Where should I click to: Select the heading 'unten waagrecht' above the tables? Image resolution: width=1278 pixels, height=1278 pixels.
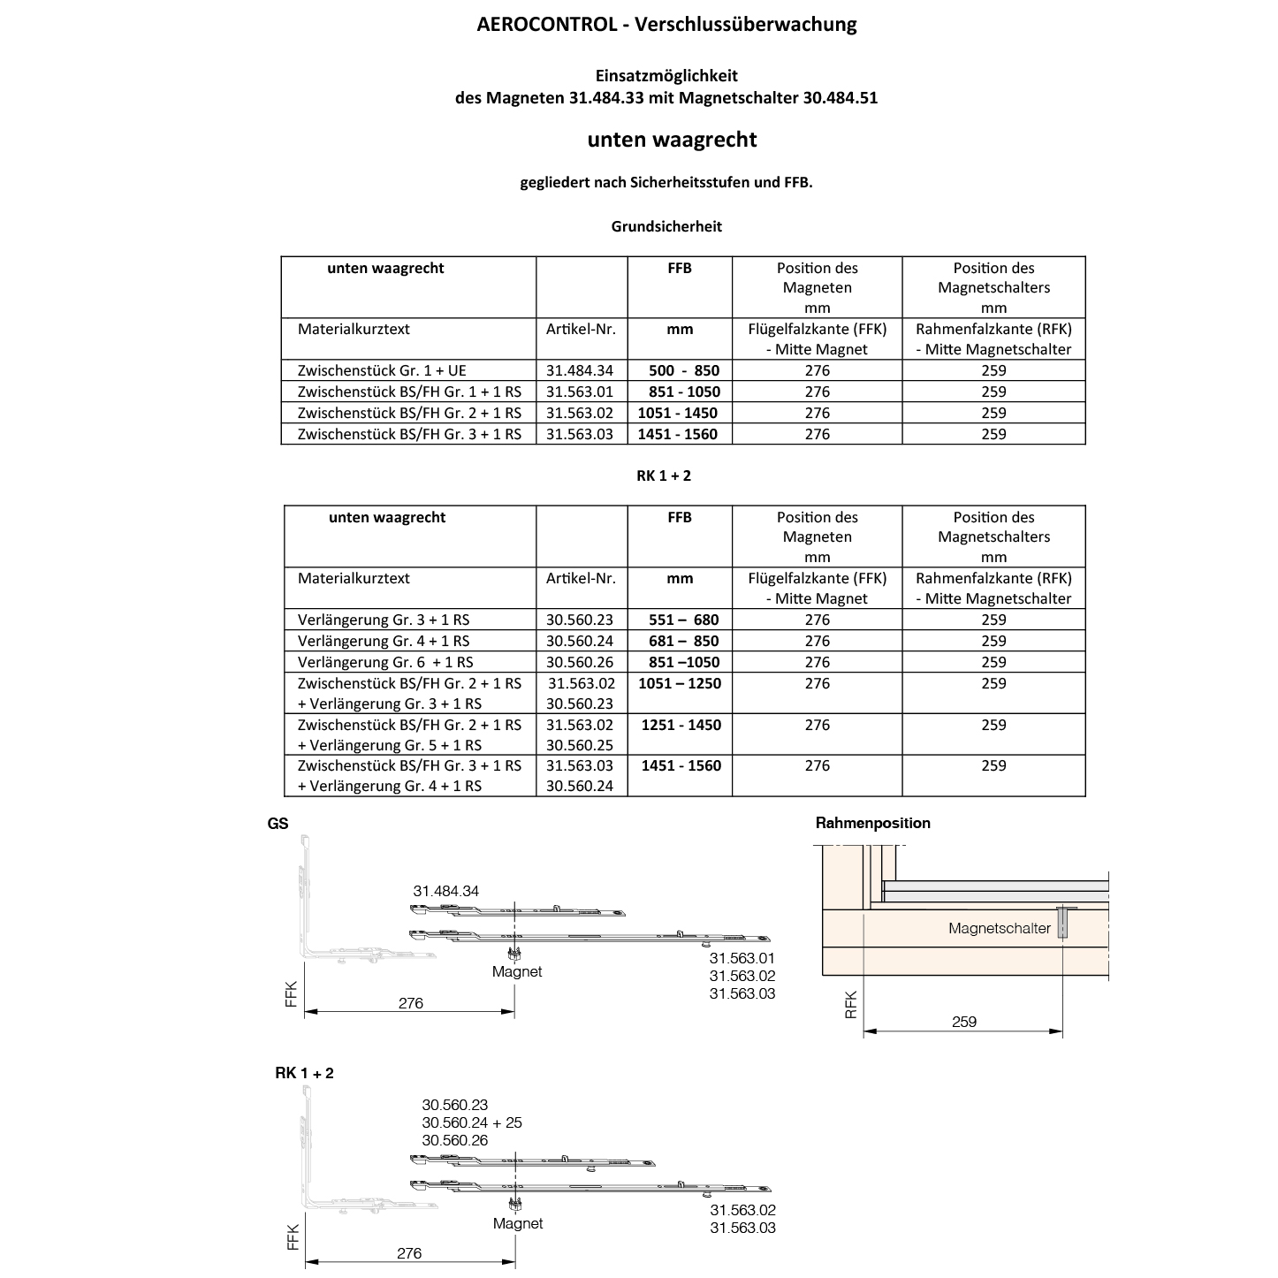[672, 140]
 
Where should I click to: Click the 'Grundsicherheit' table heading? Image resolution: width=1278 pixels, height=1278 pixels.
[666, 226]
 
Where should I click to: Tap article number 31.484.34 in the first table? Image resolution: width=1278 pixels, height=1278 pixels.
[580, 370]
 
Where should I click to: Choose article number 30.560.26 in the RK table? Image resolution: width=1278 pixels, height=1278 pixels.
[580, 662]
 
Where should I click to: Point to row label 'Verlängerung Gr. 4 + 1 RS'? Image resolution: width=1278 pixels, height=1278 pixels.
[384, 641]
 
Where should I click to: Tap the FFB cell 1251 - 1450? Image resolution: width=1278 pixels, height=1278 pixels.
[681, 725]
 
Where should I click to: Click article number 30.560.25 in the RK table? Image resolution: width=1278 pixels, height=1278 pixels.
[580, 745]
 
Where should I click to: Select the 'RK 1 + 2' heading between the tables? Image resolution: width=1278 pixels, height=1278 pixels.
[664, 475]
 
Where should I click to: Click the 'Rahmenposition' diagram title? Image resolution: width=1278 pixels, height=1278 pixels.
[872, 823]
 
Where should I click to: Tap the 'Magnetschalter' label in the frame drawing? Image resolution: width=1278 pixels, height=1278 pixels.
[1000, 928]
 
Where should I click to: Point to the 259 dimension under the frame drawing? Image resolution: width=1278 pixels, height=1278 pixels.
[964, 1022]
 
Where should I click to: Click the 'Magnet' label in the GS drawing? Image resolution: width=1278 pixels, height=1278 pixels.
[517, 971]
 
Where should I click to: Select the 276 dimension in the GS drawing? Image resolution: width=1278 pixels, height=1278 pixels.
[411, 1003]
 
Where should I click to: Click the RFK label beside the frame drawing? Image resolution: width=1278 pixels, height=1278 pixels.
[851, 1004]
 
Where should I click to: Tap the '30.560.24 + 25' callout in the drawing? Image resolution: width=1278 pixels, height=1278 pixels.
[472, 1122]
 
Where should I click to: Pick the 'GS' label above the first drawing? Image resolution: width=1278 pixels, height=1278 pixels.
[278, 824]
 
